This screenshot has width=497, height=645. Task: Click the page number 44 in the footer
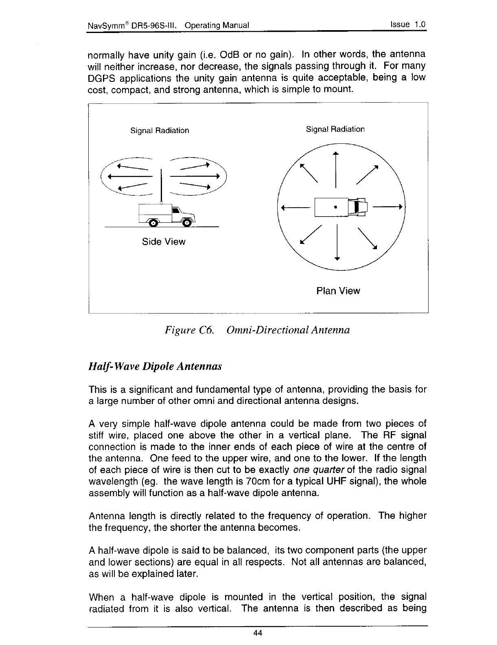[x=257, y=633]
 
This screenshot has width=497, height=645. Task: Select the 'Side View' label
[x=164, y=242]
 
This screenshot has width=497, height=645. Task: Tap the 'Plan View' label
[x=338, y=291]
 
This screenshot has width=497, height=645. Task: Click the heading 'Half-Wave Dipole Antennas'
[x=155, y=366]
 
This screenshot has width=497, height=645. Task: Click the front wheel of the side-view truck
[x=187, y=222]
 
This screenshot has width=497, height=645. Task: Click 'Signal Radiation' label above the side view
[x=160, y=131]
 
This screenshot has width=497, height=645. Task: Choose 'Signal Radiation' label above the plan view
[x=335, y=129]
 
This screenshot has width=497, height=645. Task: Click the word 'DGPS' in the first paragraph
[x=101, y=77]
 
